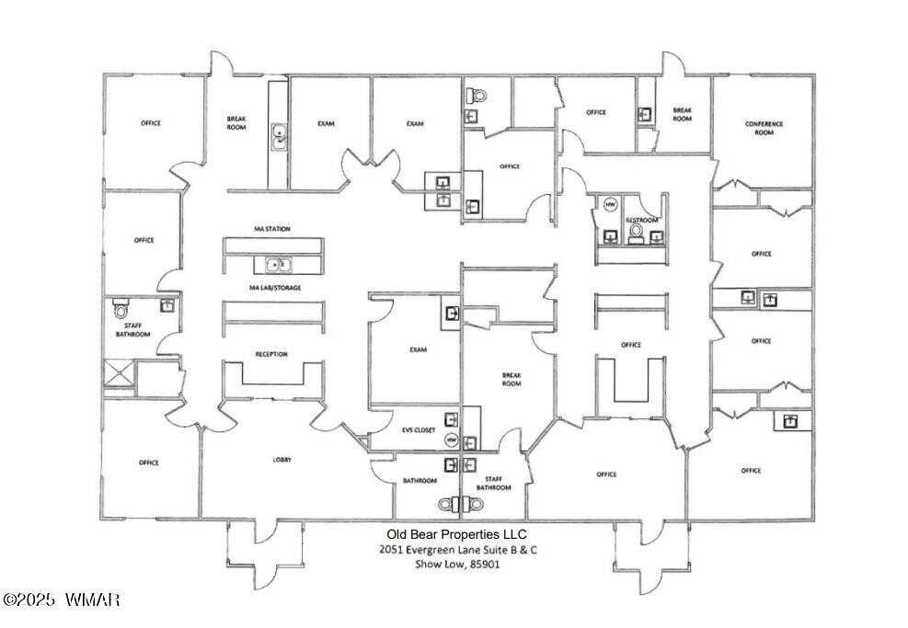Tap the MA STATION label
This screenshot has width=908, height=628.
coord(272,229)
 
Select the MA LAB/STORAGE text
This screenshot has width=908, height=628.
coord(275,288)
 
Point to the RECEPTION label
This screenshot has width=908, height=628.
coord(271,354)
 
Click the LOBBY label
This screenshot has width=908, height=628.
coord(282,460)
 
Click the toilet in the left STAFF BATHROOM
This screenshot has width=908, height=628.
coord(121,310)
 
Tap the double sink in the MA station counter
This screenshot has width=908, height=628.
coord(275,266)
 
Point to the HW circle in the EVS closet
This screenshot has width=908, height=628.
coord(451,441)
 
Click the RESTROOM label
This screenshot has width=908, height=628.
coord(641,221)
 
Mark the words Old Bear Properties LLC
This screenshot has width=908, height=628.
coord(455,533)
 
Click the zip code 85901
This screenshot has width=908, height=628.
coord(486,564)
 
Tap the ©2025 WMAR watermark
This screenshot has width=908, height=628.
coord(62,600)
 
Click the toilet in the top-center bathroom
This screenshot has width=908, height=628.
coord(477,95)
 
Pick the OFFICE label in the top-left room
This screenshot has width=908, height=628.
coord(150,123)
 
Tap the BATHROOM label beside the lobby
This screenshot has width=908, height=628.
coord(420,481)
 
